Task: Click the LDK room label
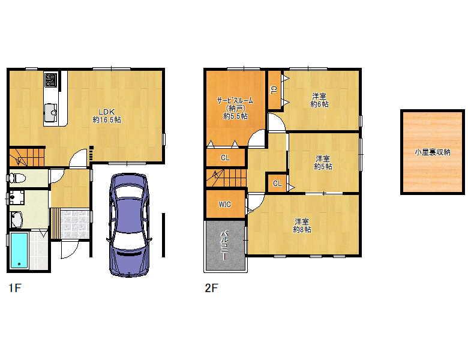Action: click(107, 116)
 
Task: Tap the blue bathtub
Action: click(19, 250)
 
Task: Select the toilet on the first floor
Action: click(17, 179)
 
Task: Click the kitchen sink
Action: click(51, 113)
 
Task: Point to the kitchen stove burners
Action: click(50, 79)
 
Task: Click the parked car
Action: click(129, 224)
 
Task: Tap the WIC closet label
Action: click(224, 205)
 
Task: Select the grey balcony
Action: click(226, 245)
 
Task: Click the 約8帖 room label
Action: click(302, 226)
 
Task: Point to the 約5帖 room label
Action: click(323, 163)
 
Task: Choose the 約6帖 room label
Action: click(319, 100)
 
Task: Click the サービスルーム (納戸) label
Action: click(235, 108)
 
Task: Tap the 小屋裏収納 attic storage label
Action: click(433, 152)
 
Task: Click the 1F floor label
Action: click(15, 288)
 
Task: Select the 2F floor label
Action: click(211, 288)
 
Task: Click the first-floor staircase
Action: click(27, 157)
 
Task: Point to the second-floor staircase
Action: click(226, 178)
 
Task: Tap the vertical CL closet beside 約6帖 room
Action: click(274, 90)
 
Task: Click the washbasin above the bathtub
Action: click(16, 219)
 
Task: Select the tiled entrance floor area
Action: click(75, 224)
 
